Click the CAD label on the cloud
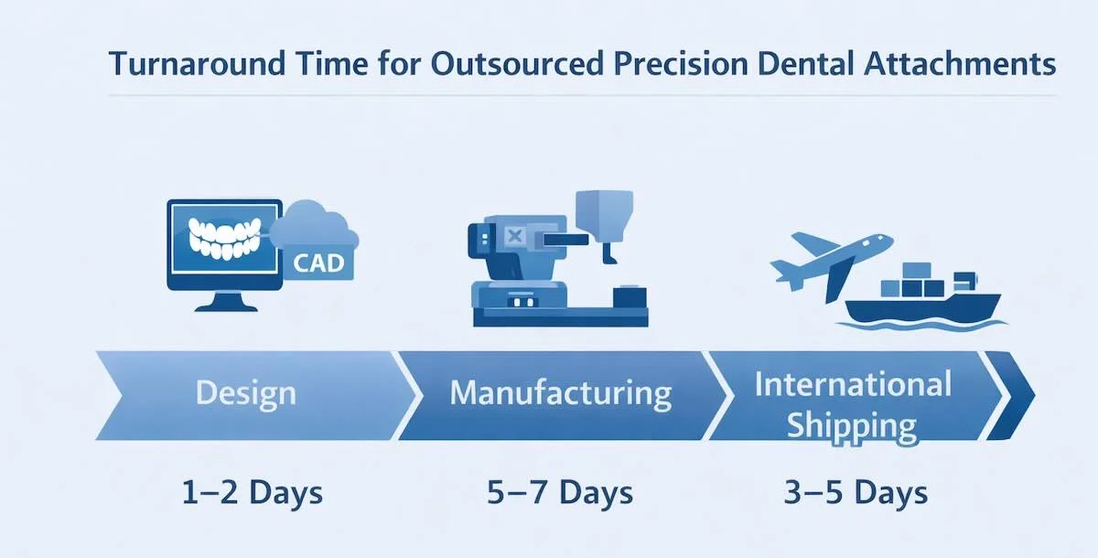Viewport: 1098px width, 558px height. coord(319,263)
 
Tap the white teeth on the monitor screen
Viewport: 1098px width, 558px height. coord(225,238)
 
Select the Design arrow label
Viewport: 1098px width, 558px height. coord(246,393)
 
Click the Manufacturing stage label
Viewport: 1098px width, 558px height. coord(561,393)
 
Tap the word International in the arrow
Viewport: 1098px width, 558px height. coord(853,383)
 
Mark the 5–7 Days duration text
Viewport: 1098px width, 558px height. coord(560,493)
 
